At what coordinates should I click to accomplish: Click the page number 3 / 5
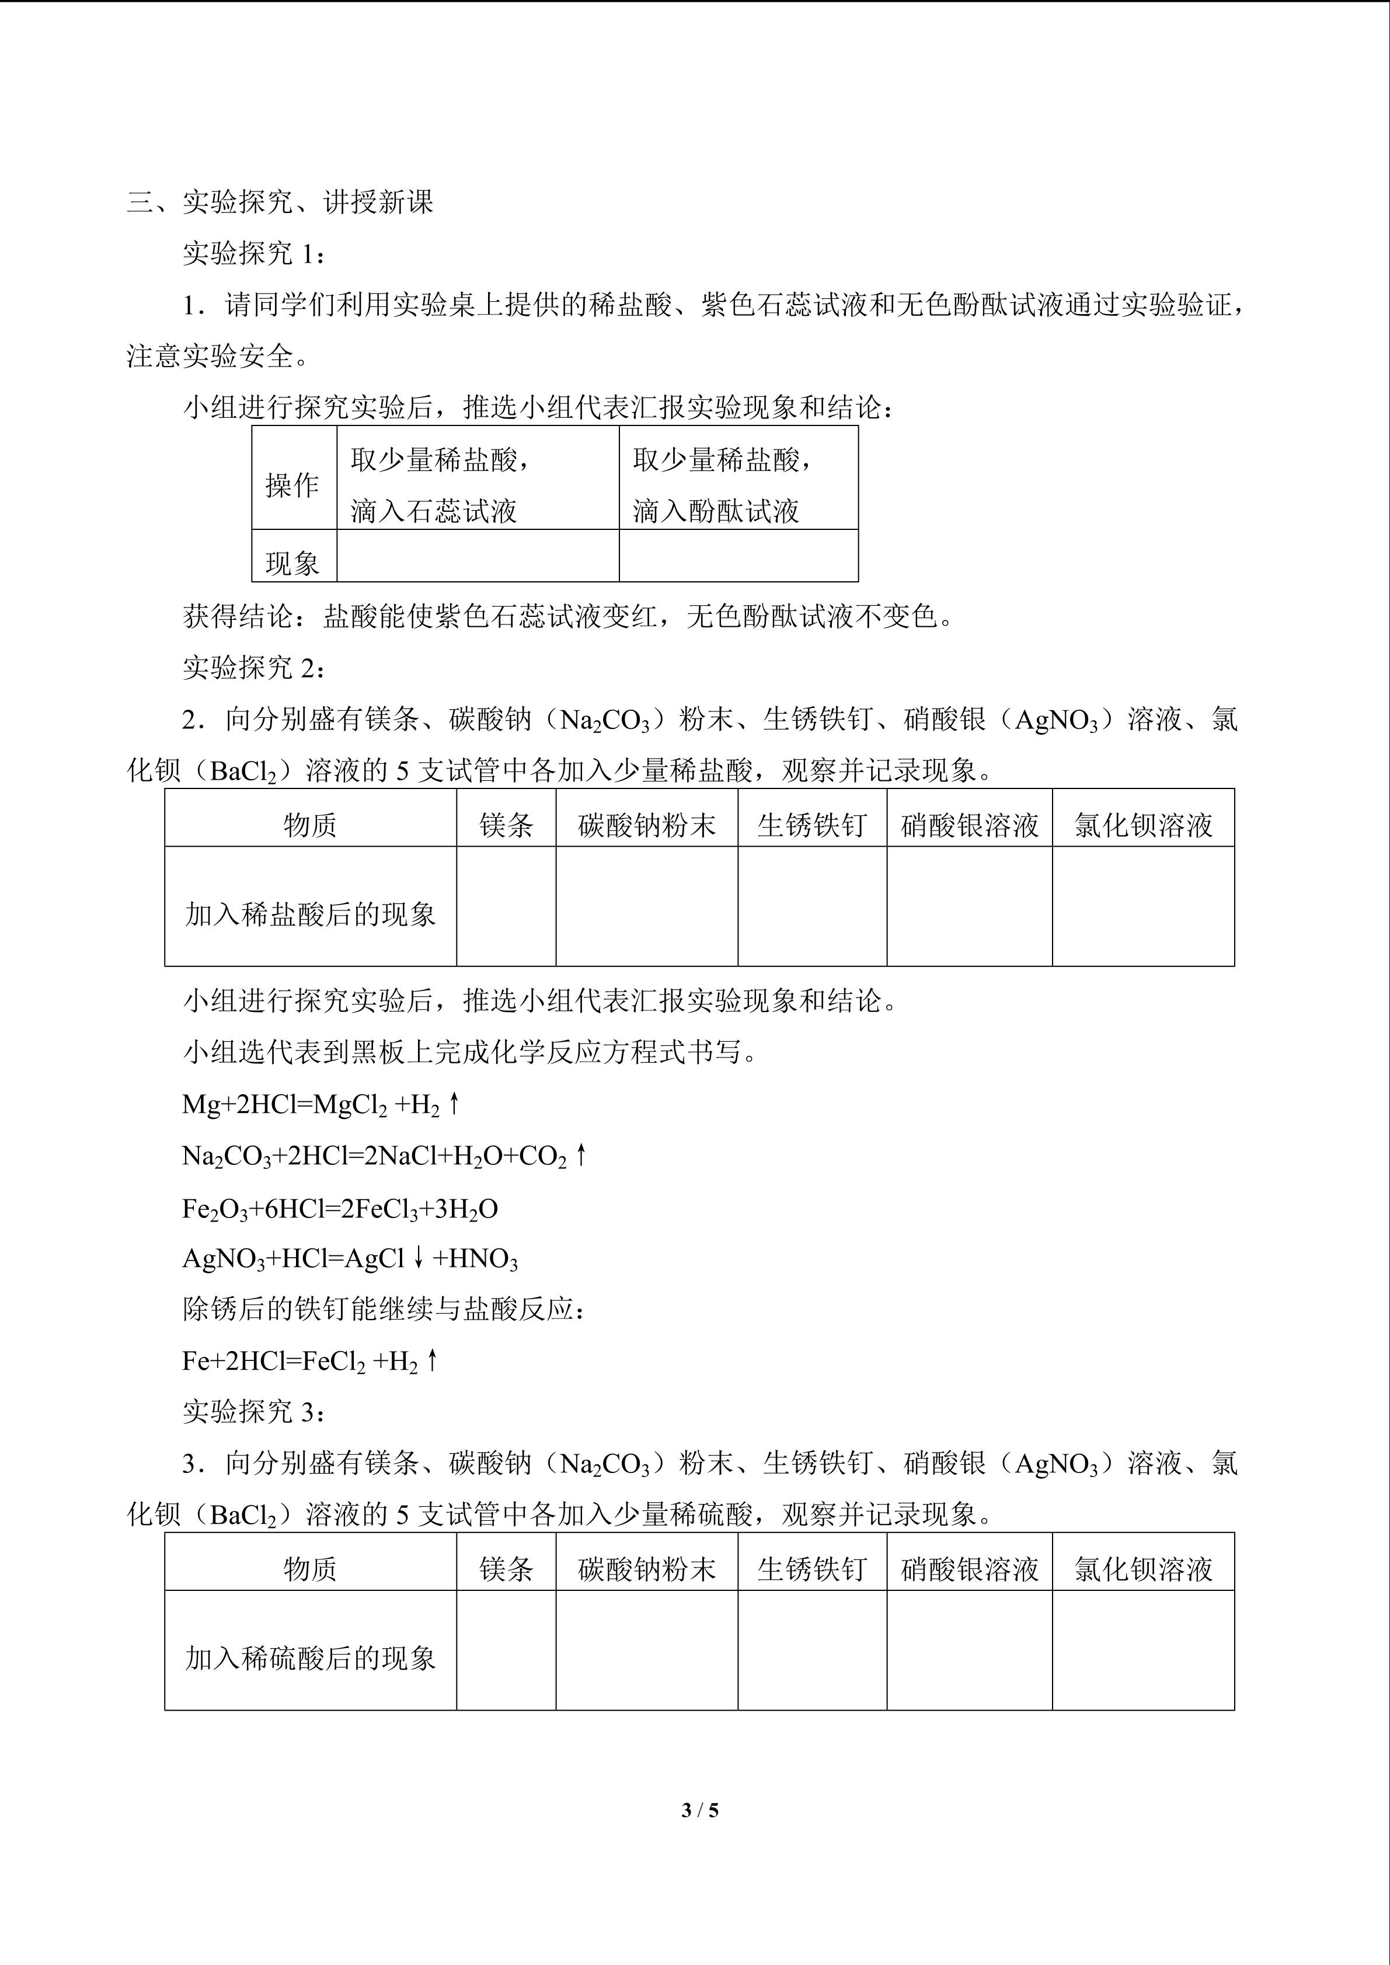699,1809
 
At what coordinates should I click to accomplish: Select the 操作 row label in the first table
292,485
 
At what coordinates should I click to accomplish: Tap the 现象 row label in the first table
292,562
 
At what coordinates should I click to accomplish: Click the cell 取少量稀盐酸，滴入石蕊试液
478,485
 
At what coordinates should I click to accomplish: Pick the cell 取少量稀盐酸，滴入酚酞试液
738,485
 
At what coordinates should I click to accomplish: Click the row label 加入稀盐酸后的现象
310,914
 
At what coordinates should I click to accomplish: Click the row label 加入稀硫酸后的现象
310,1658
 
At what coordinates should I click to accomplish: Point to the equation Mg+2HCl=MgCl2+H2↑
321,1105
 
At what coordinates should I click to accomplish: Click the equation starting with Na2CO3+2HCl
384,1156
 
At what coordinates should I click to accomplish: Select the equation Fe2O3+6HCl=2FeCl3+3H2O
340,1209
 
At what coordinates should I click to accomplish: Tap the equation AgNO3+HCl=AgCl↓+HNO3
349,1258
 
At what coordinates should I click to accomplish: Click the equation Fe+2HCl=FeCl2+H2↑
310,1361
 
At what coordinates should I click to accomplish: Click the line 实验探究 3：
254,1412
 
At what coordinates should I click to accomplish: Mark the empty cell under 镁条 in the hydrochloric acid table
506,906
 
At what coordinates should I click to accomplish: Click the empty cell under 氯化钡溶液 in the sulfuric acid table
1142,1650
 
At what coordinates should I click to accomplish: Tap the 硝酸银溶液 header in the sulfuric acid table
969,1569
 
